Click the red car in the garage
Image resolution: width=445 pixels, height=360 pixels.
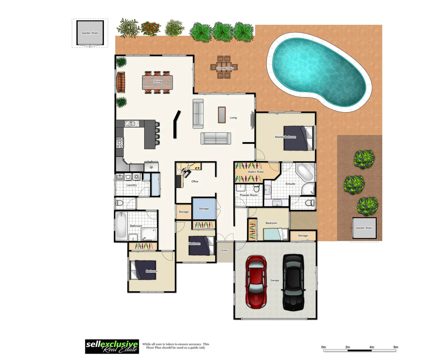256,282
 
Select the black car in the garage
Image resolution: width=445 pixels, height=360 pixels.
293,282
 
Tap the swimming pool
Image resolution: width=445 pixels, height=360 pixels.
319,72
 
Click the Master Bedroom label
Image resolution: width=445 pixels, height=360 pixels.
285,137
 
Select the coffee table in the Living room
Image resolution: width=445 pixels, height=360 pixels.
222,114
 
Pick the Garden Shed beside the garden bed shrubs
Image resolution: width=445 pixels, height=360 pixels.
364,228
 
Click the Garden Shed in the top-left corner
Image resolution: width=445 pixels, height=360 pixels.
90,33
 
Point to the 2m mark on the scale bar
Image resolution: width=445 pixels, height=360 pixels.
347,347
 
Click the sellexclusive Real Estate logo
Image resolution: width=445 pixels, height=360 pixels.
112,347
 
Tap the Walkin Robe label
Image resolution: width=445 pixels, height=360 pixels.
255,172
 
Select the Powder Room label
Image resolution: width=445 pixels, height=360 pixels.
248,195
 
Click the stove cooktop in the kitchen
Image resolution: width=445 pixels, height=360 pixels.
120,142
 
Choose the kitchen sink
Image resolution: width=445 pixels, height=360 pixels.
132,124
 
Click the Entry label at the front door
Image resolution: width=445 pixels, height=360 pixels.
224,250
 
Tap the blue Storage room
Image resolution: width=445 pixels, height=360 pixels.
204,208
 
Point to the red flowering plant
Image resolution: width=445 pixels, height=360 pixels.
151,28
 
